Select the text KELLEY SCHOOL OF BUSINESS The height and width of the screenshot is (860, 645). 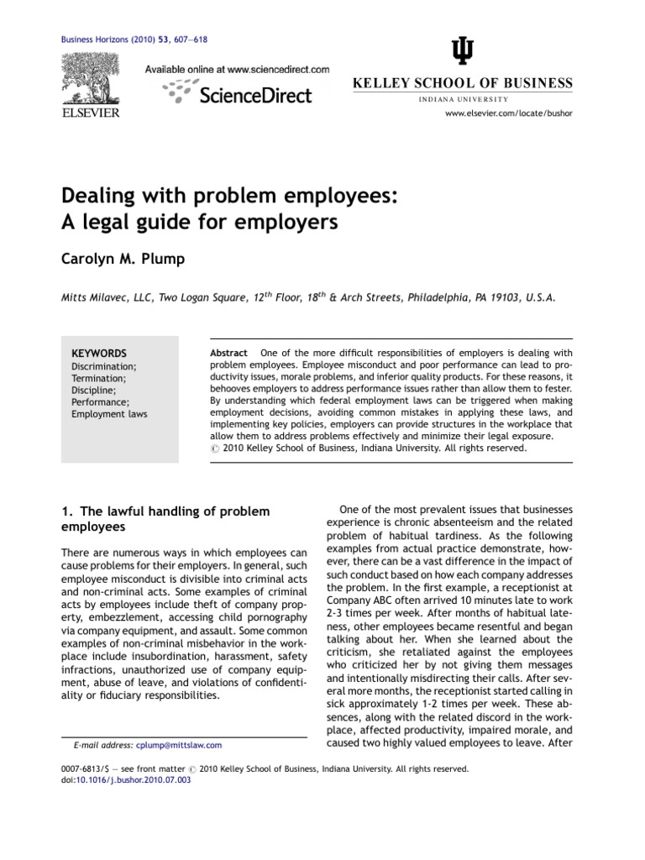click(x=461, y=83)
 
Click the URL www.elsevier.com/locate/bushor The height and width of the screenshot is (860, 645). click(x=509, y=113)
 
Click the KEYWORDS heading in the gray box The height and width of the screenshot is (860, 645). click(x=99, y=354)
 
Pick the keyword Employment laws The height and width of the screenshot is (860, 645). click(x=108, y=414)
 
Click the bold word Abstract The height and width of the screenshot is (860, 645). click(x=228, y=353)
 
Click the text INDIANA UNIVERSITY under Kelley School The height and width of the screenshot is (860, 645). click(x=462, y=99)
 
